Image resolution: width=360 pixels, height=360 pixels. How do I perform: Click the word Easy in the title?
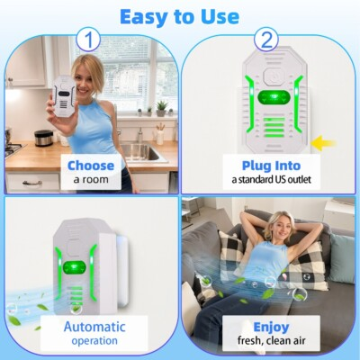(146, 16)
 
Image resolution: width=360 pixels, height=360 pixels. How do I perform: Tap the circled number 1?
(86, 40)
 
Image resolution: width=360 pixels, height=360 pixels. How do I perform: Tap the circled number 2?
(265, 40)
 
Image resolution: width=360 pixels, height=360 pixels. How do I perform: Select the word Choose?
(91, 165)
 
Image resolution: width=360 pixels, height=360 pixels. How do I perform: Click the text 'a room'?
(90, 180)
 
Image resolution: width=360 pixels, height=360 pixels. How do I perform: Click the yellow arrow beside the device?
(322, 141)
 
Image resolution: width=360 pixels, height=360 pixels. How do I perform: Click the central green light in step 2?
(268, 97)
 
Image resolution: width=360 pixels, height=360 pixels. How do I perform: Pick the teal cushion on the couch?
(341, 256)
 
